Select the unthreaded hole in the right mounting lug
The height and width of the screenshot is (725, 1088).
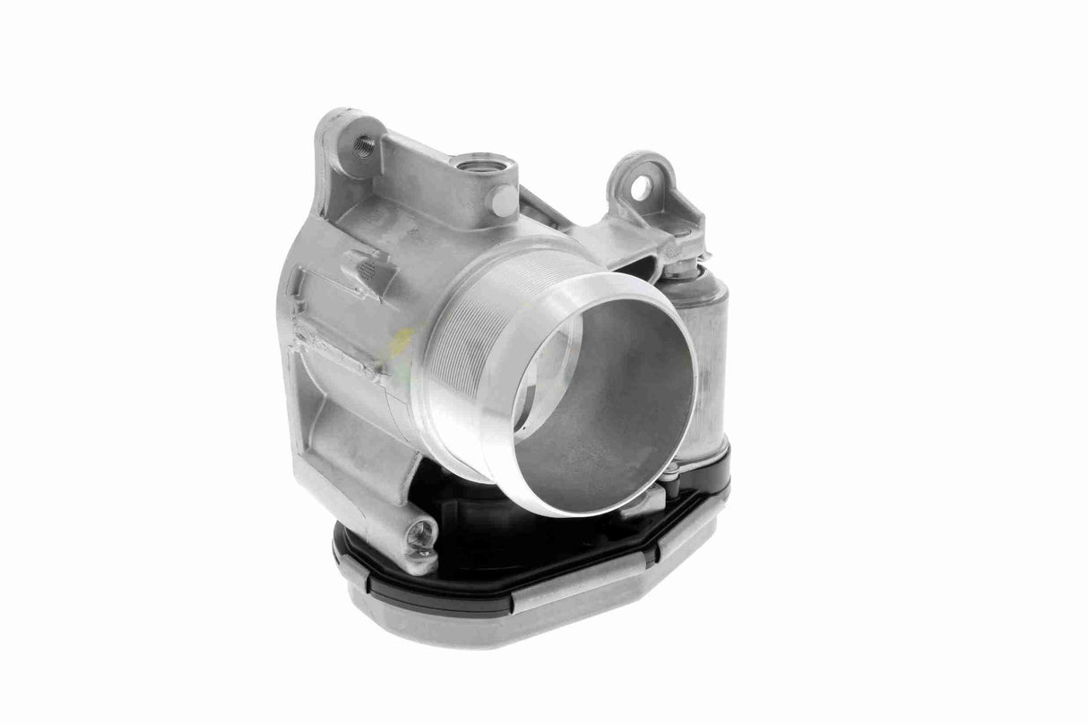[x=640, y=186]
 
